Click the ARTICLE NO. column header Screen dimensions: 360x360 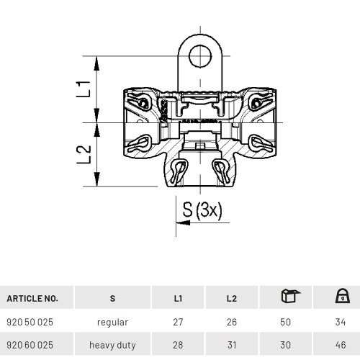click(32, 298)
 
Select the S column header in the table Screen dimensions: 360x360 click(112, 298)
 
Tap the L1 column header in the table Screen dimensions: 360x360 click(178, 298)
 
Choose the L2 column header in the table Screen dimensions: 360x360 click(232, 298)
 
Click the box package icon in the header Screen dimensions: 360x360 click(290, 296)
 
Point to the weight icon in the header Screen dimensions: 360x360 click(343, 296)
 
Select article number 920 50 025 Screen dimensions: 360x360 click(30, 322)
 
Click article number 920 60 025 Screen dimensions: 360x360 click(30, 345)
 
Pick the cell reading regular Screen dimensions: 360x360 click(112, 323)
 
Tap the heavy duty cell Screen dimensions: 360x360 click(112, 346)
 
